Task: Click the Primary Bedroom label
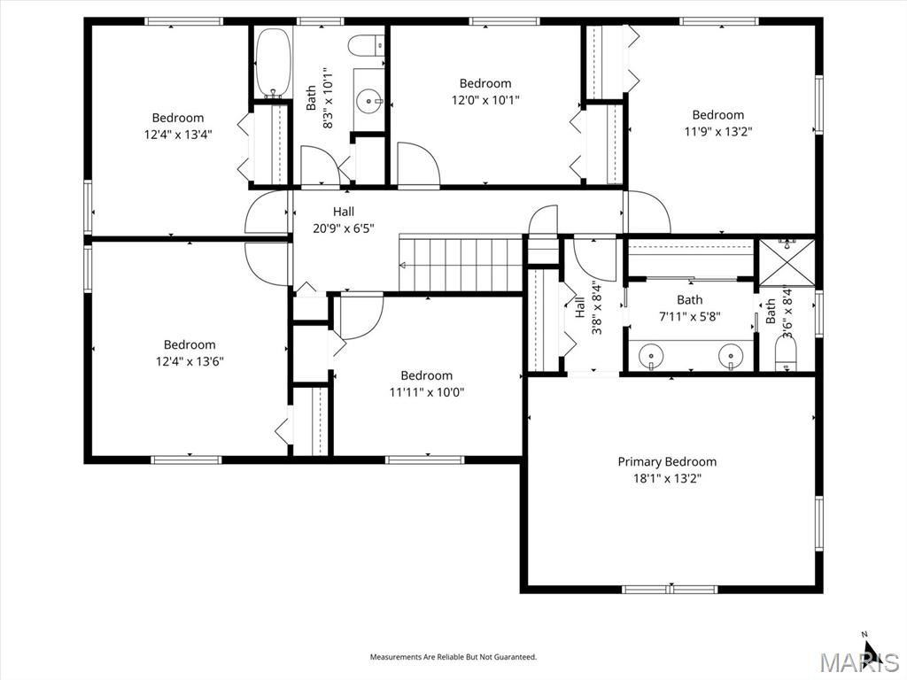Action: pos(667,461)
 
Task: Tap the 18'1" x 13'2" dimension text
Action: pos(667,479)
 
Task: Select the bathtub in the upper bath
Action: pos(273,63)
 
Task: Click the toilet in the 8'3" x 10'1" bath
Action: pos(368,46)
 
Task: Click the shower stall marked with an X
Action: pos(787,262)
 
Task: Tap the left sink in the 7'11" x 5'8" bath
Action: pos(651,354)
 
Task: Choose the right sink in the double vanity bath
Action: pos(731,354)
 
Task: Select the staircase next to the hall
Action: pos(461,263)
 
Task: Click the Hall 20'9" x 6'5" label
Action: pos(344,220)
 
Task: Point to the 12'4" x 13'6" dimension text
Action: pos(190,362)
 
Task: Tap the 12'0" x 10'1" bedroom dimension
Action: pos(485,100)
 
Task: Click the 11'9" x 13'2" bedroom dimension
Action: pos(717,131)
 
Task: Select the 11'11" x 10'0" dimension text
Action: pos(427,392)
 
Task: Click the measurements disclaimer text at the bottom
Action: pos(453,657)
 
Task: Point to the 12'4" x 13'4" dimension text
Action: pos(178,135)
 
